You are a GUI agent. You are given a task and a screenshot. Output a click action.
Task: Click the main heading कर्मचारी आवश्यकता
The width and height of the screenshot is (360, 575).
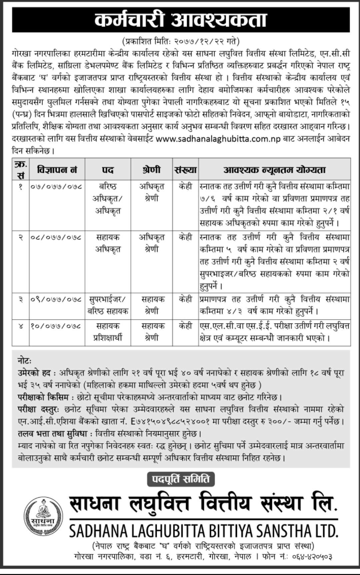tap(181, 21)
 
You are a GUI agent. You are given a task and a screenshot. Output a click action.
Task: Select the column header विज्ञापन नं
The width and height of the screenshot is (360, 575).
tap(57, 170)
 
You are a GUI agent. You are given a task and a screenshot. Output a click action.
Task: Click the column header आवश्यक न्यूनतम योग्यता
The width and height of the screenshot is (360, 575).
tap(274, 170)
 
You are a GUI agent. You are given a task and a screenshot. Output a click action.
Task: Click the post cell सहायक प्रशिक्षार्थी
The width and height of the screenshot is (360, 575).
tap(108, 332)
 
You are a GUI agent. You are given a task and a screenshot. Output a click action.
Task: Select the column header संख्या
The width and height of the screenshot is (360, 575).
tap(185, 170)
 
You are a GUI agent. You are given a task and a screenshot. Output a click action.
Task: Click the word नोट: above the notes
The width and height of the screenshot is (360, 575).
tap(25, 361)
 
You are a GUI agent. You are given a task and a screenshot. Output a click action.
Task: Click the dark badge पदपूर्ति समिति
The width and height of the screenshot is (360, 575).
tap(181, 480)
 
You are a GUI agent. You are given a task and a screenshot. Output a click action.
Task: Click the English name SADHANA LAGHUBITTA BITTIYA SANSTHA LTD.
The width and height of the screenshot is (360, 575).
tap(204, 531)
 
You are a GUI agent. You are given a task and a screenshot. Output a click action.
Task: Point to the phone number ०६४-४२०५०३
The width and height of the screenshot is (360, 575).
tap(312, 557)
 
